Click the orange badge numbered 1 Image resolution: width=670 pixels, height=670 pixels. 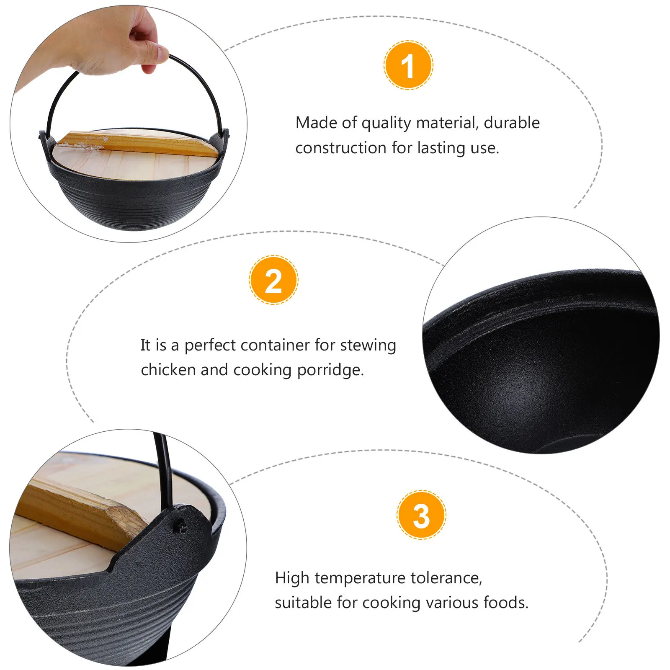(x=408, y=65)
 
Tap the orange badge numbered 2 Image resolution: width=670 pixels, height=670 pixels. (x=273, y=280)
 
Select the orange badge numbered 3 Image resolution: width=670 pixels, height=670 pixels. (x=421, y=515)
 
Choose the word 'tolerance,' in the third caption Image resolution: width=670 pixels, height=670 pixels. (x=446, y=578)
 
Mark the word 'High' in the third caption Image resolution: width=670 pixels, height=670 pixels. (x=292, y=578)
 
